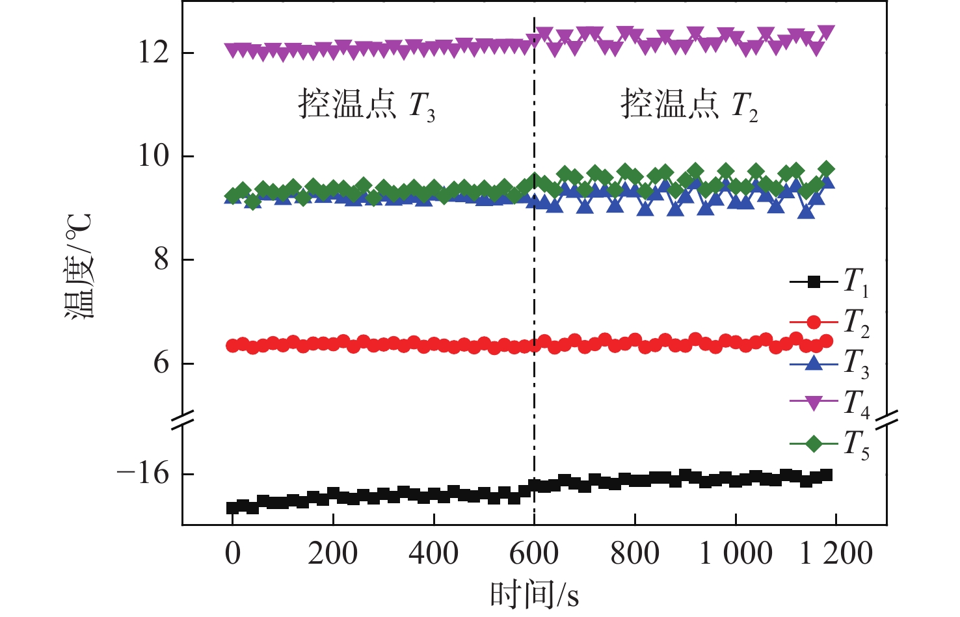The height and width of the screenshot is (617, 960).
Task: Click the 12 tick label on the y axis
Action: (x=153, y=53)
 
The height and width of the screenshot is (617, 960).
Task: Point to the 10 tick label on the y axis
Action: (x=153, y=156)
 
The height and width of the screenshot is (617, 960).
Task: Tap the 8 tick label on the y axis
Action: (x=161, y=259)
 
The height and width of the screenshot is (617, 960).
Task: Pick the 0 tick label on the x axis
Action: (x=232, y=554)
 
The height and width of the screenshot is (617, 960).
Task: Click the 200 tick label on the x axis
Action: (x=332, y=554)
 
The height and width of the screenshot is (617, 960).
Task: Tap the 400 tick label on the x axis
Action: (x=433, y=554)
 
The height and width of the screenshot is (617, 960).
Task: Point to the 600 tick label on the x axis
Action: (x=533, y=554)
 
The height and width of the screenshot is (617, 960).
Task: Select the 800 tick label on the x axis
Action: (x=634, y=554)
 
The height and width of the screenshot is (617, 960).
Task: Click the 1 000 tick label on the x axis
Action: (x=736, y=554)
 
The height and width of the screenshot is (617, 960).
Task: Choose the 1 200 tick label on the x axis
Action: (x=836, y=554)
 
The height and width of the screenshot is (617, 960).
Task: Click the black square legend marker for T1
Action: (x=813, y=282)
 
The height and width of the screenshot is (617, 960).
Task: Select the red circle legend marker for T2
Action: (x=813, y=322)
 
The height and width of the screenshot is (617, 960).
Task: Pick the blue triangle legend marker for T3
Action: (x=813, y=363)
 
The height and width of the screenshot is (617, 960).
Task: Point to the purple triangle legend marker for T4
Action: (x=813, y=404)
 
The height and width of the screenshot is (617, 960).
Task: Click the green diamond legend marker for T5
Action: (x=813, y=444)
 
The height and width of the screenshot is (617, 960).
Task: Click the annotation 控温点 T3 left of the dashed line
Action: (x=366, y=105)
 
